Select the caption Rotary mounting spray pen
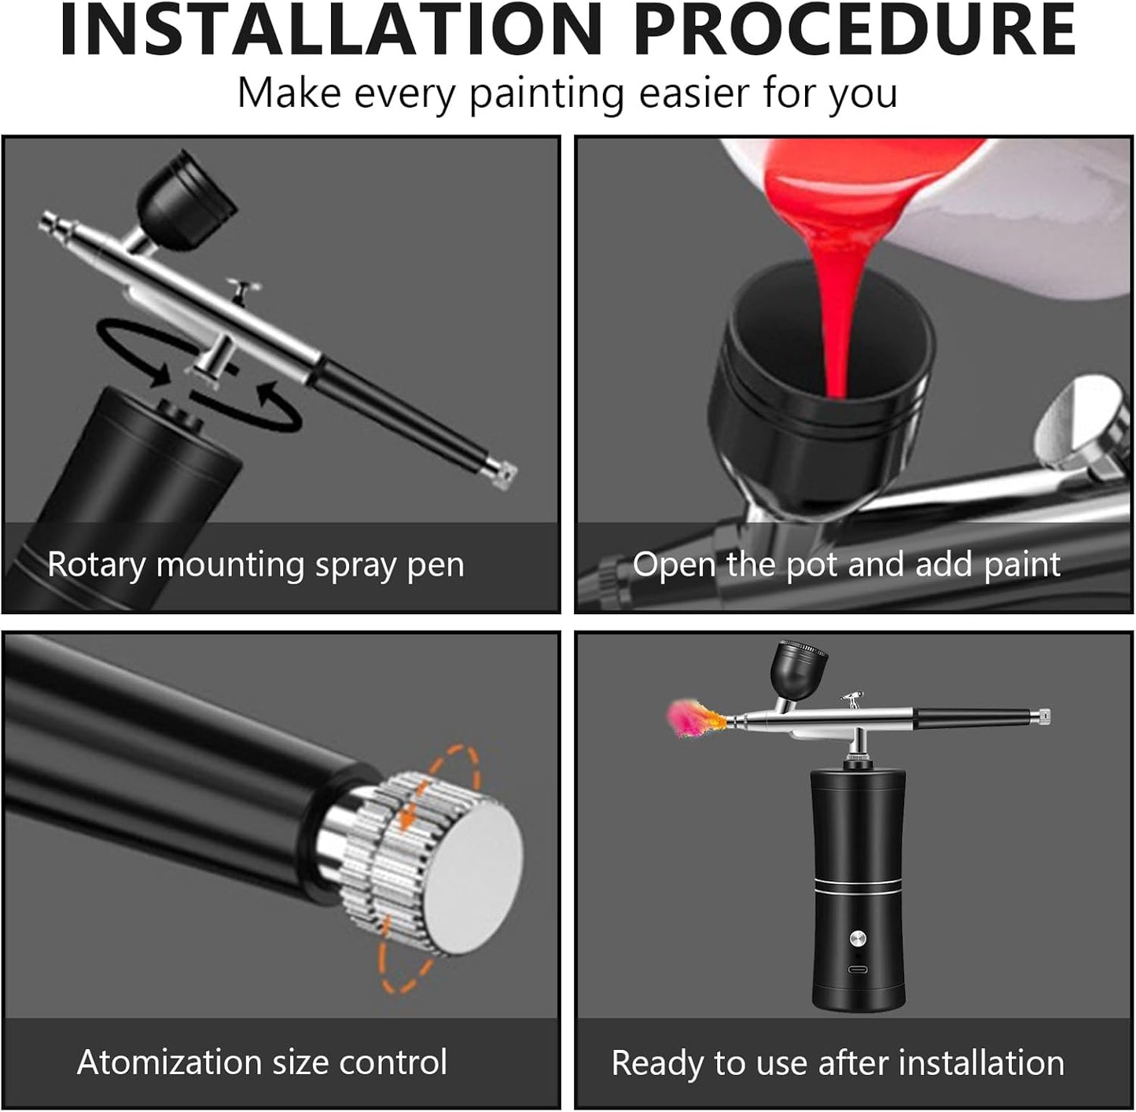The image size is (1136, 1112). click(256, 565)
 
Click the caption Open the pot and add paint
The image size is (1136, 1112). click(846, 565)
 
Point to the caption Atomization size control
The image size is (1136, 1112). click(262, 1062)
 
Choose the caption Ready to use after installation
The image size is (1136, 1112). click(837, 1062)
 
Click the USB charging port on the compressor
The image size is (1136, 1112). click(858, 968)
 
